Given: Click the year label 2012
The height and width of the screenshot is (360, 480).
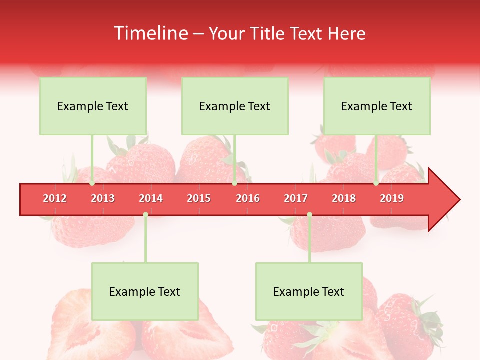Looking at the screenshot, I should [55, 198].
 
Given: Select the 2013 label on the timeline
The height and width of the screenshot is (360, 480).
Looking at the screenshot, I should [103, 198].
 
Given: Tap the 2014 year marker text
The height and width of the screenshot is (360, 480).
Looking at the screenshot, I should [151, 198].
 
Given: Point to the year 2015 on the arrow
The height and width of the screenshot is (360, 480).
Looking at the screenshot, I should [199, 198].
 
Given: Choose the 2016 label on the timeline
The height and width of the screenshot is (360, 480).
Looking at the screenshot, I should [248, 198].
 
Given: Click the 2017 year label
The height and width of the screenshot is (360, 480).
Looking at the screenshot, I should [296, 198].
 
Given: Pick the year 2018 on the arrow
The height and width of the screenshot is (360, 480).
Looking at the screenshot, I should [344, 198].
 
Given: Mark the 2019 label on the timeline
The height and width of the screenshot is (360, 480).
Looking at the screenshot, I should [392, 198].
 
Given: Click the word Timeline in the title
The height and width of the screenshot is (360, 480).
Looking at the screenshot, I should [150, 33].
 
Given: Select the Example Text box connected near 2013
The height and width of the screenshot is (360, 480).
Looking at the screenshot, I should [93, 106].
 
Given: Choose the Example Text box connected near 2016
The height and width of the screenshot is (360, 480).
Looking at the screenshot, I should [235, 106].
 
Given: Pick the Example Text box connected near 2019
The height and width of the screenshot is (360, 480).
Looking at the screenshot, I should [377, 106].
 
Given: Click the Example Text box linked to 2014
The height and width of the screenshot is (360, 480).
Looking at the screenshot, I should [145, 291].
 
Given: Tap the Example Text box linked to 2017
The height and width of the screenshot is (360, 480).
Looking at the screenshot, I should [309, 291].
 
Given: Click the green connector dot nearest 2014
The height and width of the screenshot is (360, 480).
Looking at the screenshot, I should [145, 214].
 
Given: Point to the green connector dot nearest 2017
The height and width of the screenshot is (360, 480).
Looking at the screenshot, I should [309, 214].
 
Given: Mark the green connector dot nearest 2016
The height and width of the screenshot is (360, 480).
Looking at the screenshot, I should [234, 183].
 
